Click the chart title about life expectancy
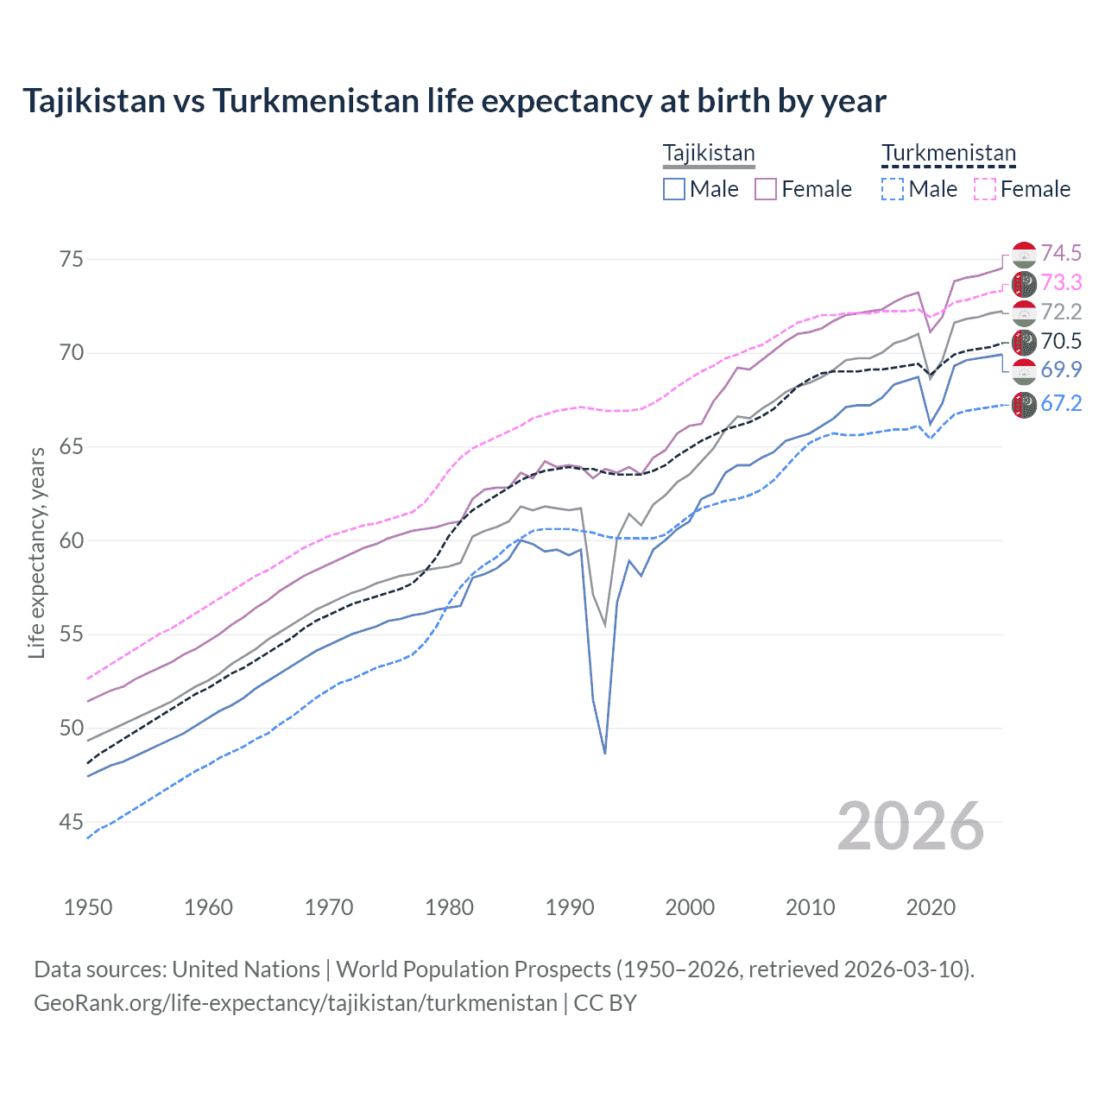454,101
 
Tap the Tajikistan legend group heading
709,153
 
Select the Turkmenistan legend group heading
948,153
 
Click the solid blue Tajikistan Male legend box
674,189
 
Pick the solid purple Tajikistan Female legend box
766,189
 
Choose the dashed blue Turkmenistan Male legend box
893,189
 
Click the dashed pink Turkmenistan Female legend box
984,189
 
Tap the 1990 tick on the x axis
570,907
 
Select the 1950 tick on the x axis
88,907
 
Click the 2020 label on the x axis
931,907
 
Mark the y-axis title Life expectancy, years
36,552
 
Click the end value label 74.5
1061,253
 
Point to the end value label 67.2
1061,403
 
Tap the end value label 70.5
1061,341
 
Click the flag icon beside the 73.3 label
1024,283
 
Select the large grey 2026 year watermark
911,826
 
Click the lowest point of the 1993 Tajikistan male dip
605,753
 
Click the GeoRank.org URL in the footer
295,1003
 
